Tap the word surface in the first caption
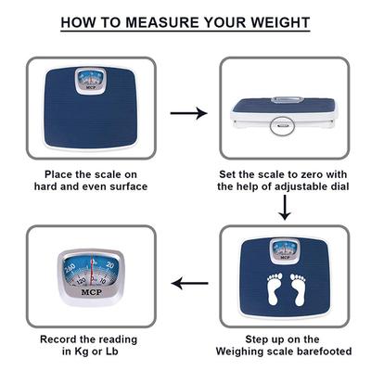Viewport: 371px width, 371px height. click(126, 186)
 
